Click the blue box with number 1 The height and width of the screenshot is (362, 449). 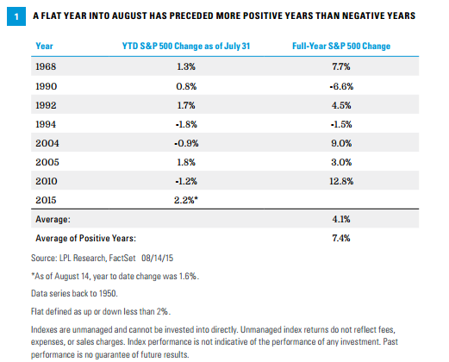(x=16, y=16)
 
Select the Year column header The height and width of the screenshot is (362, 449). (x=44, y=46)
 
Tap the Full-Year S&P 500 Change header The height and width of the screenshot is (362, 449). (x=341, y=46)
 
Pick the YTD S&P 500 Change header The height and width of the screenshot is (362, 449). (x=186, y=46)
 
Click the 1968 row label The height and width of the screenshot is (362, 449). (x=46, y=66)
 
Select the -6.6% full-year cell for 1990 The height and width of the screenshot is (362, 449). (x=341, y=86)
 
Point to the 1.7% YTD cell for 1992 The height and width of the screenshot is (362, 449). (x=186, y=105)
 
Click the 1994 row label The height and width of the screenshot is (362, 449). (x=46, y=124)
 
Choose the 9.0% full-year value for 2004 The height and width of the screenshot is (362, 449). (x=341, y=143)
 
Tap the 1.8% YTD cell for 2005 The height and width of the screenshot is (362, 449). (x=186, y=162)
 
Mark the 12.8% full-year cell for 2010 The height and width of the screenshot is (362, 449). (x=341, y=181)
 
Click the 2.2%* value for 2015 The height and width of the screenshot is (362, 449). (x=186, y=200)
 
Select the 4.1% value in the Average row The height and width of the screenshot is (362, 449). (x=341, y=219)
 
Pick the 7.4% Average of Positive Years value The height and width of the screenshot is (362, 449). (x=341, y=238)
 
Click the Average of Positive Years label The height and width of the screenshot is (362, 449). (x=85, y=238)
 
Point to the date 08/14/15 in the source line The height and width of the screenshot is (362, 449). (x=157, y=258)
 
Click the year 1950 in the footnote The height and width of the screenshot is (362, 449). (x=108, y=293)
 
